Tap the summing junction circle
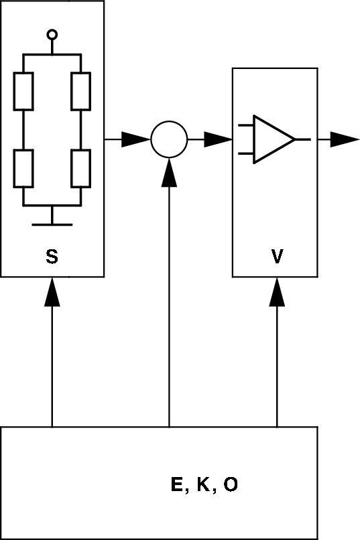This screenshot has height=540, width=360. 168,139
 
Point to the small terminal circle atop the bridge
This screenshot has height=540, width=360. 52,34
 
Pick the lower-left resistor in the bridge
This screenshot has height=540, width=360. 23,167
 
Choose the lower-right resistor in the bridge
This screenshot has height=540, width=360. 81,167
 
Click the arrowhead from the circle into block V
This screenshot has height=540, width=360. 219,139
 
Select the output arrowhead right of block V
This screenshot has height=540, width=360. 345,139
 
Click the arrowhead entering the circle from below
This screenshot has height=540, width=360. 168,172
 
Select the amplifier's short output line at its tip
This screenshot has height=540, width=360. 302,139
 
